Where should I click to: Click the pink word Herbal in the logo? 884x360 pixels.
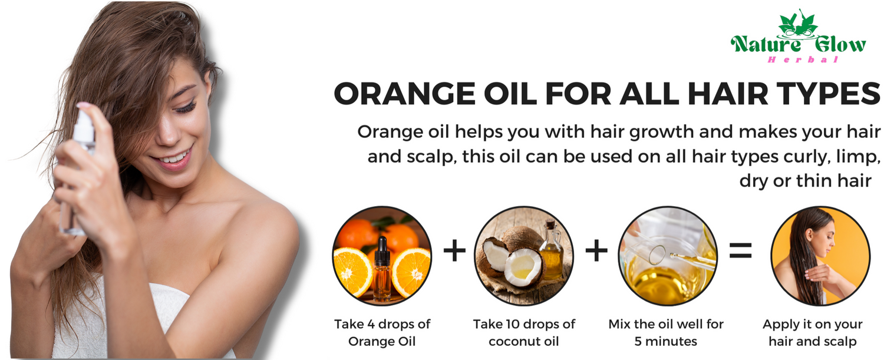[803, 60]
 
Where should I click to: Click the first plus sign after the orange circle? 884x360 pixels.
[454, 250]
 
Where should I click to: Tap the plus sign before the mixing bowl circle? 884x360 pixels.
[596, 250]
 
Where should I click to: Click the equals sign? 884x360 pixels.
[740, 250]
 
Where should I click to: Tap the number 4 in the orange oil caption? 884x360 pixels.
[371, 324]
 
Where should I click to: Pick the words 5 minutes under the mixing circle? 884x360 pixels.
[666, 342]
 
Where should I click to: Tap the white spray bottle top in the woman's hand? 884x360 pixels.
[84, 126]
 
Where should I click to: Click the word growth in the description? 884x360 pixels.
[661, 132]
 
